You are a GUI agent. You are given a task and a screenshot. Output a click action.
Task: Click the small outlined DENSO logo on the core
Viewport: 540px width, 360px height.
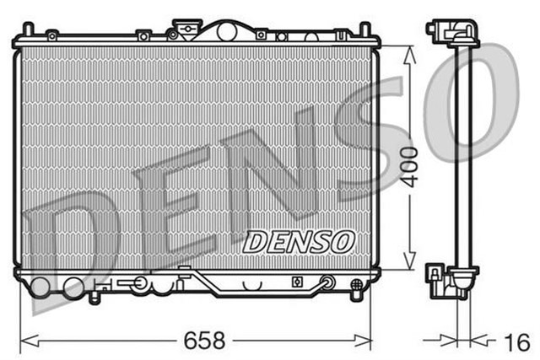point(298,241)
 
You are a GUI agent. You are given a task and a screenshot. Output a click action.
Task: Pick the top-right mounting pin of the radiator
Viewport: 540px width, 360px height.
point(365,30)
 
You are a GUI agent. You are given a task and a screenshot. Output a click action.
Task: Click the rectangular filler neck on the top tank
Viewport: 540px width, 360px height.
point(183,27)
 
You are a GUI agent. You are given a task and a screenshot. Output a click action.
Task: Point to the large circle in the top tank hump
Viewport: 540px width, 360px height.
point(225,31)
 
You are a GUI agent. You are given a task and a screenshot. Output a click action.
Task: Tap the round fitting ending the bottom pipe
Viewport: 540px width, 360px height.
point(327,282)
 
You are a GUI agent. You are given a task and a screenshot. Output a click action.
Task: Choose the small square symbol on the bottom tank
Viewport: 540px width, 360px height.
point(297,282)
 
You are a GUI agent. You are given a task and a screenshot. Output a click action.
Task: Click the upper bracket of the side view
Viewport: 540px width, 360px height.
point(452,33)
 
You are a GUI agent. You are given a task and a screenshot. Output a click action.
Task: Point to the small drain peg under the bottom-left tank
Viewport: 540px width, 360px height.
point(93,296)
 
